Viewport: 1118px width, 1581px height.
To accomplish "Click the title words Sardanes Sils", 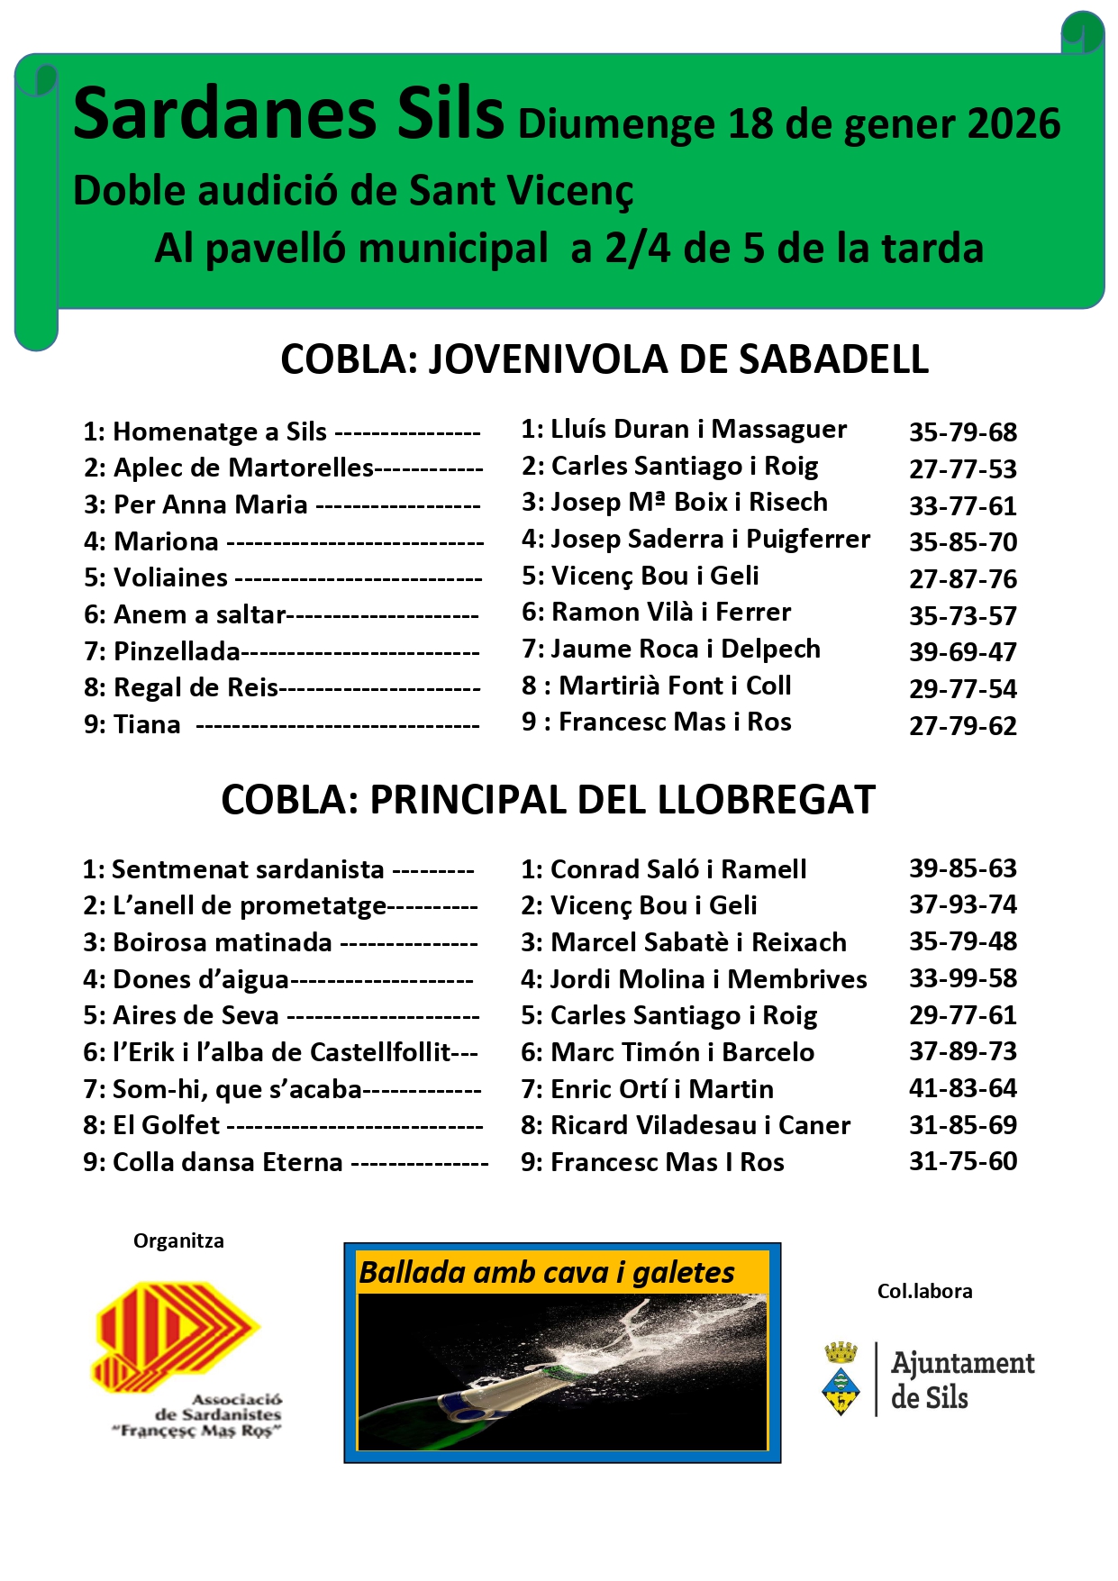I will [288, 115].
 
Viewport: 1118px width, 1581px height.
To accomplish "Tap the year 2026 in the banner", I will [1013, 124].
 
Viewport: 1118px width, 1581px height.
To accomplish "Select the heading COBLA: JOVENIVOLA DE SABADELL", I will [604, 359].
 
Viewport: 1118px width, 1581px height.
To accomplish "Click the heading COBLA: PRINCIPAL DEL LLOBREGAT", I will [548, 800].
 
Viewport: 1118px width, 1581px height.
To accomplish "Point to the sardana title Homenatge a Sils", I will [220, 432].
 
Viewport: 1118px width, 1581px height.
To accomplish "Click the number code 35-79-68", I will [962, 432].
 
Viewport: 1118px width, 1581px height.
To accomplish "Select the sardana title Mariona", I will [167, 541].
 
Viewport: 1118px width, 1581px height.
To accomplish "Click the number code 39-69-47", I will [962, 652].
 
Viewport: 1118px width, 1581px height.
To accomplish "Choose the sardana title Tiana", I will [147, 725].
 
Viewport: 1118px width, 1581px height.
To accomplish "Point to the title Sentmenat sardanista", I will [248, 870].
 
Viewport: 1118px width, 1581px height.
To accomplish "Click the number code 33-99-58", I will [962, 978].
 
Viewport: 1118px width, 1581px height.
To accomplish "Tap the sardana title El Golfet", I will [166, 1126].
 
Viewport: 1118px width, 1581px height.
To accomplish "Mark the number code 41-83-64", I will [962, 1088].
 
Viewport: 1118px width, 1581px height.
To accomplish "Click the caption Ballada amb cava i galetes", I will [547, 1273].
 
